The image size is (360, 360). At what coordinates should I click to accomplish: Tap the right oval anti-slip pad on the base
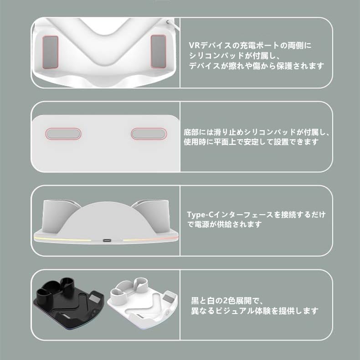coord(148,134)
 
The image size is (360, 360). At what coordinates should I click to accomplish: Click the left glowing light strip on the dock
coord(64,239)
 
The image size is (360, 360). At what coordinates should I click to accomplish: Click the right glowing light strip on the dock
coord(150,239)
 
